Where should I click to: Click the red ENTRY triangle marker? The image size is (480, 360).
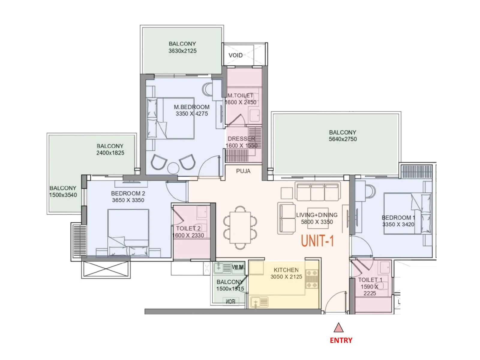click(339, 328)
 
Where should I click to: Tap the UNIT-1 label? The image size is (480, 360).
click(317, 241)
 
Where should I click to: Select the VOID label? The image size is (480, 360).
click(235, 55)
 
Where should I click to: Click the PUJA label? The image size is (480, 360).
click(243, 171)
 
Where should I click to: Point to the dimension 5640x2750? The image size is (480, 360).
click(343, 139)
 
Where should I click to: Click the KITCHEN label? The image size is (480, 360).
click(286, 270)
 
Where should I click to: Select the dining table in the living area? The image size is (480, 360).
click(240, 227)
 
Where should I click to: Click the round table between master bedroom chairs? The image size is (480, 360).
click(173, 168)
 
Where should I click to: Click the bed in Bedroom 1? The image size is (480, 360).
click(407, 214)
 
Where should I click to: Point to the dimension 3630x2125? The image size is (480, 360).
click(182, 51)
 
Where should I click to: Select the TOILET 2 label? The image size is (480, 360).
click(188, 228)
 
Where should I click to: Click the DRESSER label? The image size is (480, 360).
click(241, 139)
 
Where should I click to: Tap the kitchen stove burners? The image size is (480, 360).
click(311, 279)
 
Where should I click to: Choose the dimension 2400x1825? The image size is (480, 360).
click(110, 153)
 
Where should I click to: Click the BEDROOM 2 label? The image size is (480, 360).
click(128, 193)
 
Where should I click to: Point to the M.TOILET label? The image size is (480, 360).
click(241, 95)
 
